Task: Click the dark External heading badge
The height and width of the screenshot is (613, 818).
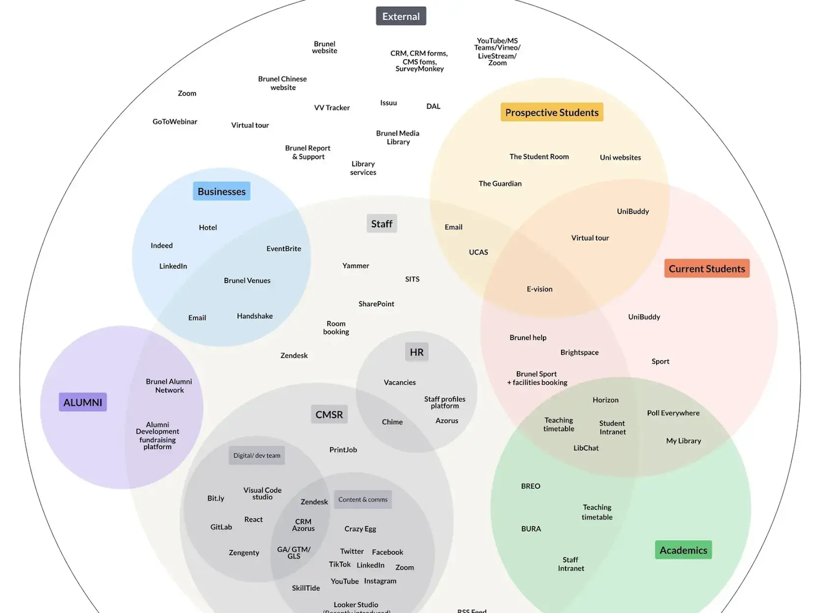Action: (x=401, y=16)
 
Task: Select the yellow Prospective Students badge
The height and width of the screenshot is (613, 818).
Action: (x=552, y=112)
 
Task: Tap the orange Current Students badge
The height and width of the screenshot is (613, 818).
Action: (x=707, y=268)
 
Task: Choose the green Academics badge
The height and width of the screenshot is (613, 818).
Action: (x=683, y=550)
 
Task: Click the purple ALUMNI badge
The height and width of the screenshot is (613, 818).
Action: (x=83, y=402)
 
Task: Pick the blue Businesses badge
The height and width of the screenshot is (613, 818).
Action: (x=222, y=191)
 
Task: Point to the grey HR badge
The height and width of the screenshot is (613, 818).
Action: (x=416, y=352)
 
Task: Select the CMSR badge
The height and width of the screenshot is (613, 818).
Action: (x=329, y=415)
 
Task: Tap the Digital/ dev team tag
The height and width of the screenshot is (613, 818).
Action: (x=256, y=455)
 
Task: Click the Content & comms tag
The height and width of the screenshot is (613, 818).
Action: (x=363, y=500)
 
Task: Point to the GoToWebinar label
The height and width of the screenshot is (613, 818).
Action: (x=175, y=122)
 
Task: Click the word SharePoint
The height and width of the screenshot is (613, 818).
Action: (x=376, y=304)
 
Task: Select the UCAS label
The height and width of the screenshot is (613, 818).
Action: (x=478, y=252)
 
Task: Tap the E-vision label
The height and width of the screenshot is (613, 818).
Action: (x=539, y=289)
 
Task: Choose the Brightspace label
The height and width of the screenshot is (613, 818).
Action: (x=579, y=352)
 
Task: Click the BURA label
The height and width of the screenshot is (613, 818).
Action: (x=531, y=529)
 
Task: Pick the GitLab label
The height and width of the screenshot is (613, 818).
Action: (x=221, y=527)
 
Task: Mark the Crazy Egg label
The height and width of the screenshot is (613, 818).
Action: (x=360, y=529)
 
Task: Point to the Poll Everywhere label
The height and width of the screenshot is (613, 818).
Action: (x=673, y=413)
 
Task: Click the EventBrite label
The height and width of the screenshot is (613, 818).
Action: (x=283, y=249)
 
